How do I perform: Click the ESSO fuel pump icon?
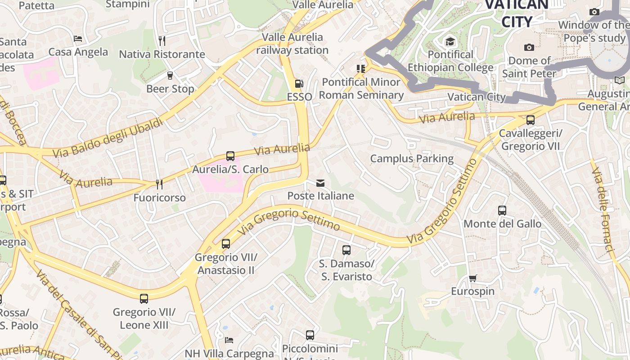[298, 84]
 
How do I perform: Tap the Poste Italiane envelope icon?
[320, 183]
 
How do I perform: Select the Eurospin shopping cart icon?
[472, 279]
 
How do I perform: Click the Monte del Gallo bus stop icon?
[502, 211]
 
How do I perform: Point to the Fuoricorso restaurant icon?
[159, 184]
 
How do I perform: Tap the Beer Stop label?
[170, 89]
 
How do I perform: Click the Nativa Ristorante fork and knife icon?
[162, 41]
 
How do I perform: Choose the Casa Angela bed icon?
[78, 39]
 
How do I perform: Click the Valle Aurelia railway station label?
[292, 44]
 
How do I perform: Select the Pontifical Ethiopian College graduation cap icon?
[450, 42]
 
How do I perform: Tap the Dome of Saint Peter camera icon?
[529, 47]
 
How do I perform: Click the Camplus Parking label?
[412, 158]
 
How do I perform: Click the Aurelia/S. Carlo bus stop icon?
[230, 156]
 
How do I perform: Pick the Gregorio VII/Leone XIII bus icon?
[144, 299]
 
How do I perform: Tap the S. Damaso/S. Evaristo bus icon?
[346, 250]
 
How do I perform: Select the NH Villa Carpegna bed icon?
[229, 340]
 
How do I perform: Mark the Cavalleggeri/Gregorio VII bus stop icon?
[531, 120]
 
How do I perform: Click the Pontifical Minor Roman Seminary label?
[361, 88]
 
